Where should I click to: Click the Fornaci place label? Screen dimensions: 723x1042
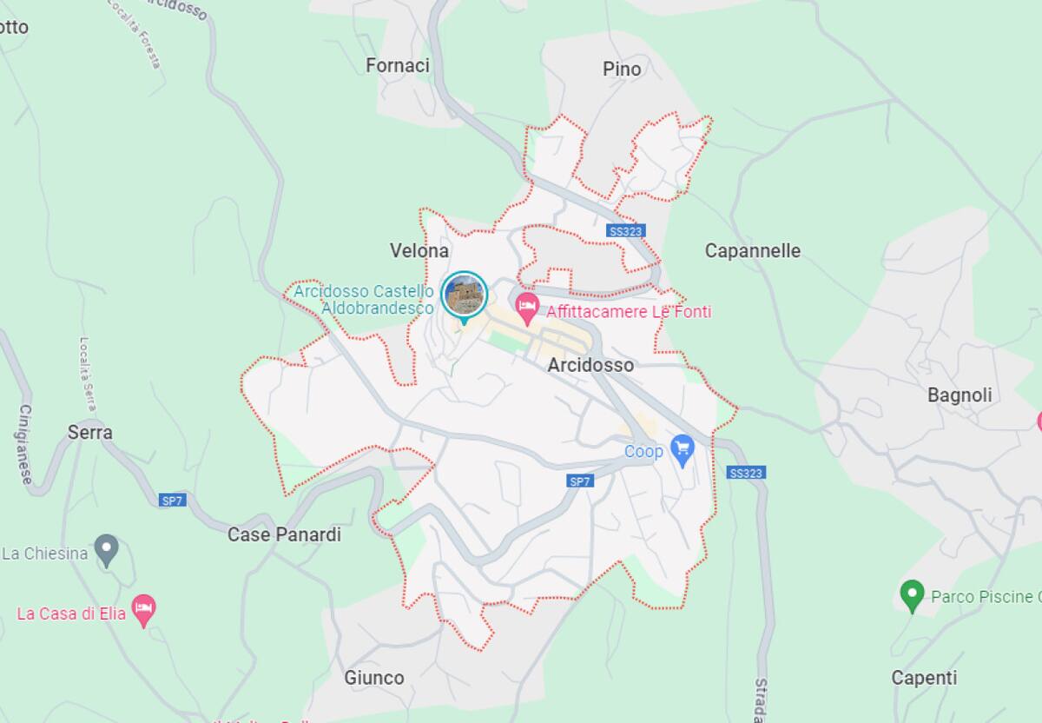(x=398, y=66)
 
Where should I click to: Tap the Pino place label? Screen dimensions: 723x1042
(x=622, y=69)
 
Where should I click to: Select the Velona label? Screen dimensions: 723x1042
(x=419, y=251)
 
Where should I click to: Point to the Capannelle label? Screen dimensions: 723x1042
(x=752, y=251)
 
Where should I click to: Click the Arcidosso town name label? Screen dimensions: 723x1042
(x=590, y=365)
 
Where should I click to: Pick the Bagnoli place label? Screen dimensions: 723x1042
(x=960, y=395)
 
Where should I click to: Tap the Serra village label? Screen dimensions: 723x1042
(x=90, y=432)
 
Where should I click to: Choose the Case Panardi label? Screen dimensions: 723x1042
(x=284, y=534)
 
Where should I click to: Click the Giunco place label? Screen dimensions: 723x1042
(x=374, y=678)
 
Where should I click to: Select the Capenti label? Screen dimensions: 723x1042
(x=924, y=678)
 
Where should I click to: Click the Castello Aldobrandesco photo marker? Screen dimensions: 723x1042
(x=465, y=295)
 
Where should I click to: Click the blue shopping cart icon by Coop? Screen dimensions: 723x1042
(x=683, y=449)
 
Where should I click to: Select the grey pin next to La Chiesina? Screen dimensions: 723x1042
(x=107, y=549)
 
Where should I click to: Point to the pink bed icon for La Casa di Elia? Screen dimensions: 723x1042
(x=143, y=609)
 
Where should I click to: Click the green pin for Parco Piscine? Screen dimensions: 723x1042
(x=911, y=595)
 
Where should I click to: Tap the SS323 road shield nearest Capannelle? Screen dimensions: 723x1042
(x=626, y=231)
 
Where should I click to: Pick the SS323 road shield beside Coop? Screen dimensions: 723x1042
(x=746, y=473)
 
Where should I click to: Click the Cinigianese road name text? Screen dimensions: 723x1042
(x=25, y=444)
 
